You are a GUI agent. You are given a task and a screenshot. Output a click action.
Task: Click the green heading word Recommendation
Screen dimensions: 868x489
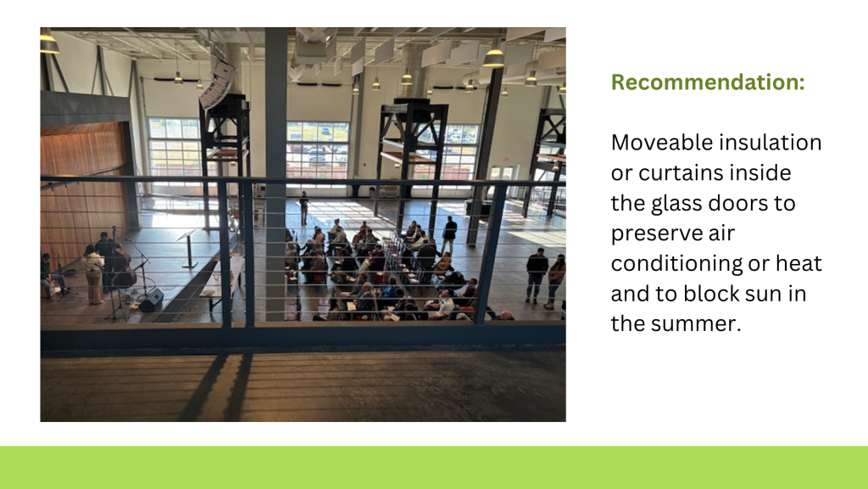coord(708,82)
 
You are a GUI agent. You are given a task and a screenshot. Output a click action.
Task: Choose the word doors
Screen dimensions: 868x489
coord(733,203)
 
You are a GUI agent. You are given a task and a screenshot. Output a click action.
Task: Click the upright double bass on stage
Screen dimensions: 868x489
coord(124,265)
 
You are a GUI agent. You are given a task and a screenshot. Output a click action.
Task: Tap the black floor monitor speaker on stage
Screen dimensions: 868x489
coord(151,300)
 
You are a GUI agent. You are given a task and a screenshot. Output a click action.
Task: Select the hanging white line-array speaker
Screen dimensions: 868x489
coord(218,84)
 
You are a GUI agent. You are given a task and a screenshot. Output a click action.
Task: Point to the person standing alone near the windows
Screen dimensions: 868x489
coord(304,208)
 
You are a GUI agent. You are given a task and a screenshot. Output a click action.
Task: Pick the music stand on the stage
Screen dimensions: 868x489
coord(189,249)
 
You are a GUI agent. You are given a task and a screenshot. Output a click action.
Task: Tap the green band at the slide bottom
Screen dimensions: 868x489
coord(434,468)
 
